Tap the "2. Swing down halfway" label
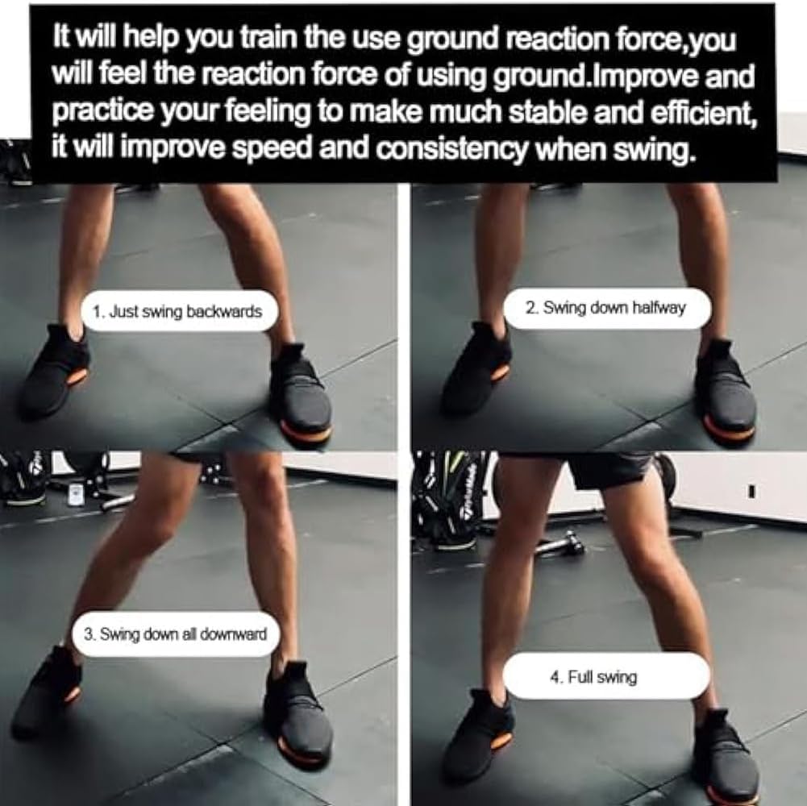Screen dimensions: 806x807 click(x=606, y=308)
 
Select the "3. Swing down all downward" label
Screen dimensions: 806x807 click(x=175, y=634)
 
